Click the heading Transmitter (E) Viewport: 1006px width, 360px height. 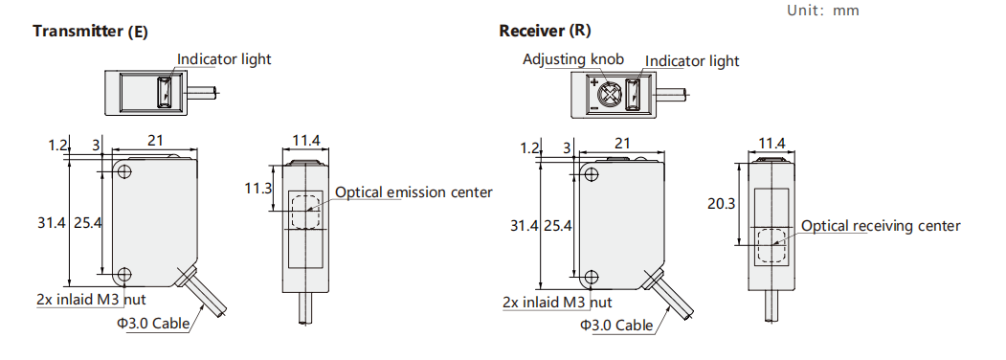[91, 31]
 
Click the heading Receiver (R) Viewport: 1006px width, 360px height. [545, 31]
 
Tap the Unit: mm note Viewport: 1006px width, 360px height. [822, 11]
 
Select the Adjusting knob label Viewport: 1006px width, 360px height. [573, 59]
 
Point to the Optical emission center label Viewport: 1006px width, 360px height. [414, 191]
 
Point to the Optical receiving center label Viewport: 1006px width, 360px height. [881, 226]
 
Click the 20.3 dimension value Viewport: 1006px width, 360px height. [721, 203]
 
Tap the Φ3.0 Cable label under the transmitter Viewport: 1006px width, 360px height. [153, 323]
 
